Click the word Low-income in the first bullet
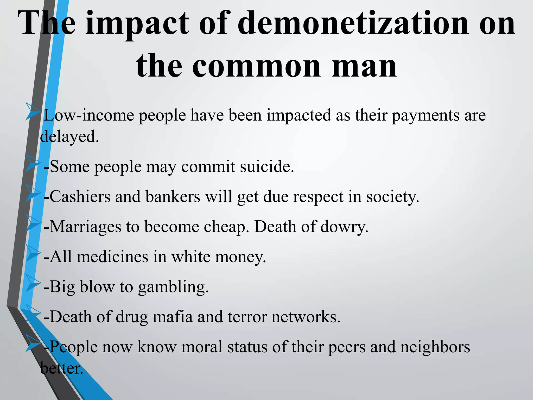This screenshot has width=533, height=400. point(88,115)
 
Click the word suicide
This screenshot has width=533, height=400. point(267,166)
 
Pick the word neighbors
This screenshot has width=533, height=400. point(435,347)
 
